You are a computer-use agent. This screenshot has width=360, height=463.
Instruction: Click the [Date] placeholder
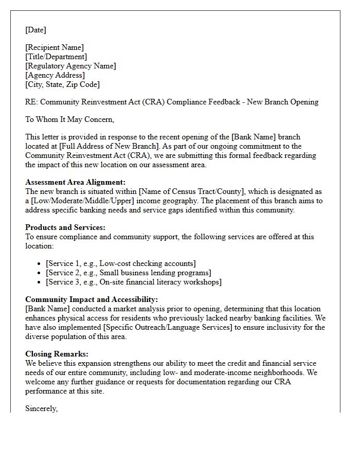[x=35, y=30]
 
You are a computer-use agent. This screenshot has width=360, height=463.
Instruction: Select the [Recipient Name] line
[x=55, y=47]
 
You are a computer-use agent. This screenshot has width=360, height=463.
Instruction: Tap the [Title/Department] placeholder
[x=56, y=57]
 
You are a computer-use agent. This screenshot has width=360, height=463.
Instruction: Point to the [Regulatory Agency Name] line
[x=70, y=66]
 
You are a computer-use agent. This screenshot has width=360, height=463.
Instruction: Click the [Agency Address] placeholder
[x=55, y=75]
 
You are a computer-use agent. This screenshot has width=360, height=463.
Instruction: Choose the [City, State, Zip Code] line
[x=62, y=84]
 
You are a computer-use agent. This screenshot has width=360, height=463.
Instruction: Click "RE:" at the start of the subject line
[x=32, y=102]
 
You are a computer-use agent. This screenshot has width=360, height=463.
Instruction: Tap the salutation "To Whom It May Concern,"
[x=70, y=119]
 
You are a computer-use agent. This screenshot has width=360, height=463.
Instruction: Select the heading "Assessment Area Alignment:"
[x=75, y=182]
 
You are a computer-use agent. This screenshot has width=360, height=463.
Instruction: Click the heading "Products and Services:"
[x=65, y=227]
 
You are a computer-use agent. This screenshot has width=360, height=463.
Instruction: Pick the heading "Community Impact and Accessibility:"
[x=92, y=299]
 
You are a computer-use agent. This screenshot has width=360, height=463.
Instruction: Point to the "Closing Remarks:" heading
[x=57, y=354]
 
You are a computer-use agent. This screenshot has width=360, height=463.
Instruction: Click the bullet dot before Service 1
[x=40, y=264]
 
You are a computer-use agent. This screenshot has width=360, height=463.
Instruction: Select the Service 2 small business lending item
[x=128, y=273]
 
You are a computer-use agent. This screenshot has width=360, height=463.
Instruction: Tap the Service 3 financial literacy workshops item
[x=133, y=282]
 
